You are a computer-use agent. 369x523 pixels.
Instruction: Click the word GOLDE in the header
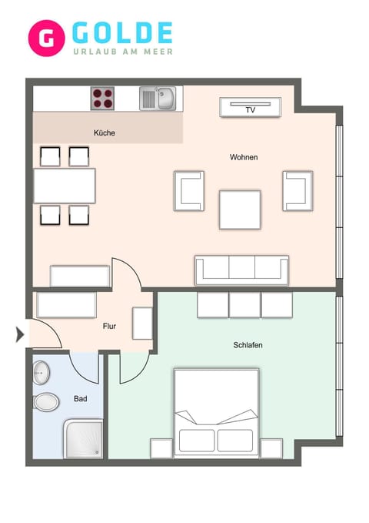(122, 32)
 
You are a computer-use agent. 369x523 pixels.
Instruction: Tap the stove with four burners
(104, 99)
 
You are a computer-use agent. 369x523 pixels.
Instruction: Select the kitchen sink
(157, 99)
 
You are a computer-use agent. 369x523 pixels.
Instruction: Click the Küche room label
(105, 133)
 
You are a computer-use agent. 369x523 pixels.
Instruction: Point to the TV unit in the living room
(250, 108)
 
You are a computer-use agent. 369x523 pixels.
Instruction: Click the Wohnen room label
(244, 157)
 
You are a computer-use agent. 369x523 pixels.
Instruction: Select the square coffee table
(240, 210)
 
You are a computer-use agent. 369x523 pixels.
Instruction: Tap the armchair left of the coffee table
(189, 190)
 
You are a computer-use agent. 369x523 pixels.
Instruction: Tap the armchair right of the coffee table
(298, 190)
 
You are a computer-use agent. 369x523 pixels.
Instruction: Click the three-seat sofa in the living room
(241, 270)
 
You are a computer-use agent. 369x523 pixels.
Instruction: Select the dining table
(65, 186)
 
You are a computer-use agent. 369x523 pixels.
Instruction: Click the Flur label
(110, 326)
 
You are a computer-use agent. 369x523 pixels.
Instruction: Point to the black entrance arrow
(20, 334)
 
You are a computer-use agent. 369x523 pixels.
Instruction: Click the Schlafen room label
(248, 345)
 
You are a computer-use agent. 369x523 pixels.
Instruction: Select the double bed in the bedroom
(216, 413)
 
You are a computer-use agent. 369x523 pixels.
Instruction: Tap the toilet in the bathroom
(46, 401)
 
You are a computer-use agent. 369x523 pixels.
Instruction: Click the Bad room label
(80, 399)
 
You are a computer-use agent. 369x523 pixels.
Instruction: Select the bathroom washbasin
(41, 373)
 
